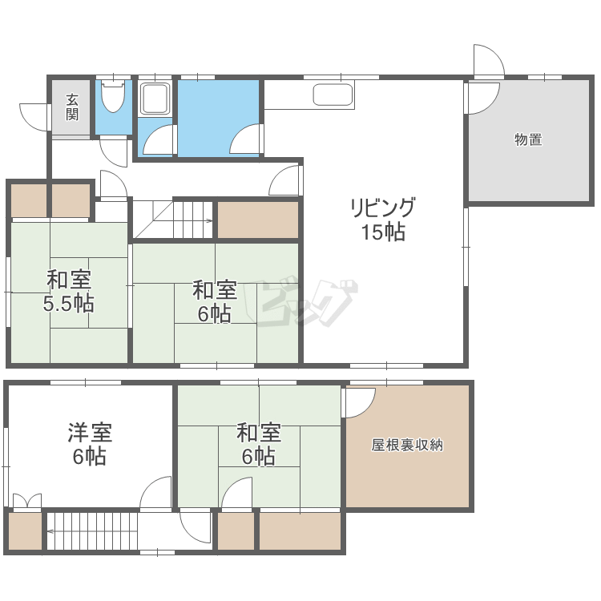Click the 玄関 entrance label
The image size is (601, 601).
pos(72,107)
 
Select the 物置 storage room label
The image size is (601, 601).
pos(528,140)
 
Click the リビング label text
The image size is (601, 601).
pos(382,208)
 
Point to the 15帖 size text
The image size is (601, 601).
pos(382,232)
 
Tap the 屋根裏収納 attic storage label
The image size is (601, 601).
pos(407,445)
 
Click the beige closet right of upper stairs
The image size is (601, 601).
pos(258,220)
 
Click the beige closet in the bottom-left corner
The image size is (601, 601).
pos(24,531)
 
